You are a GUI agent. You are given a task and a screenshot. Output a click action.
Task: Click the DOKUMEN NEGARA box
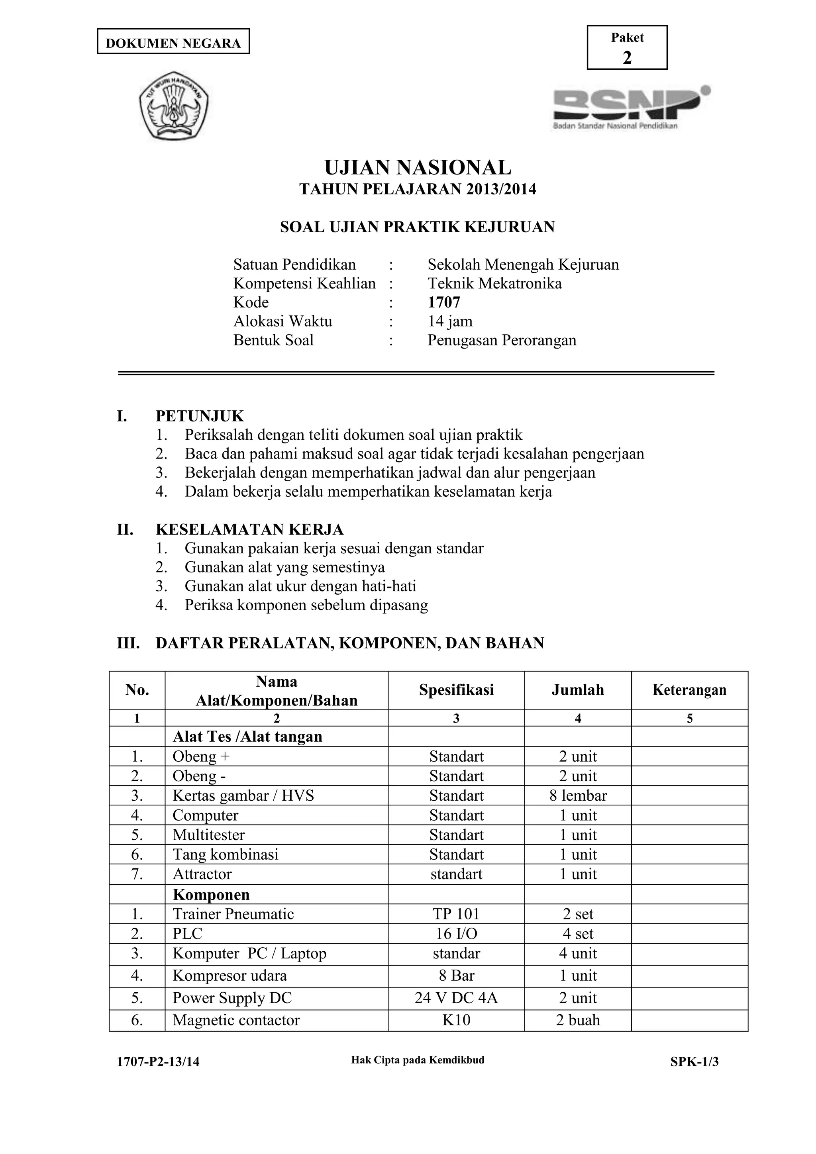[173, 42]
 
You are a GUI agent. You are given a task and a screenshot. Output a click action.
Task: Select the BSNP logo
[632, 107]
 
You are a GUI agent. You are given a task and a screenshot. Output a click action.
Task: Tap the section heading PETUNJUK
[200, 416]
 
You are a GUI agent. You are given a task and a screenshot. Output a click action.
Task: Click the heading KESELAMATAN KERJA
[249, 530]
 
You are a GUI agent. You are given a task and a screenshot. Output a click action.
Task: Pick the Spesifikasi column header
[456, 690]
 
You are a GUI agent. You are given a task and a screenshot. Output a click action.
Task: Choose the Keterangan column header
[689, 690]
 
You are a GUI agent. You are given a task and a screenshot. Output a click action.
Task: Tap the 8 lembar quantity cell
[578, 795]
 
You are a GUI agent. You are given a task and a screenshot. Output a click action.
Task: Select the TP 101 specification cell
[456, 914]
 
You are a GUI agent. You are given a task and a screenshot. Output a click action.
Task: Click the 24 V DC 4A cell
[456, 998]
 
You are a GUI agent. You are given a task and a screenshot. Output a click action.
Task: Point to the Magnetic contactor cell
[236, 1020]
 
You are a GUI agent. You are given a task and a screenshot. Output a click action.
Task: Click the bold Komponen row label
[211, 895]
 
